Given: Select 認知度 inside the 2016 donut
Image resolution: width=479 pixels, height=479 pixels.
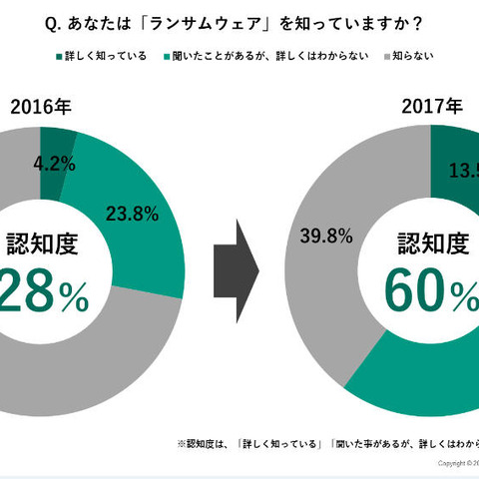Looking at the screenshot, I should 43,242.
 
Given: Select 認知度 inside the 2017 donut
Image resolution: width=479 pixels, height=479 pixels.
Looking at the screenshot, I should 432,242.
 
